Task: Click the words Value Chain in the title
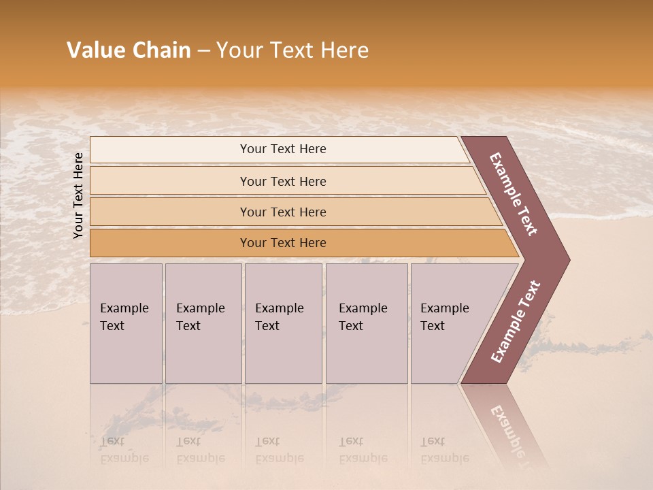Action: pyautogui.click(x=129, y=50)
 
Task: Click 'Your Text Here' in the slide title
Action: pyautogui.click(x=292, y=50)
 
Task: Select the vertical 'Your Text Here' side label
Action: pyautogui.click(x=78, y=195)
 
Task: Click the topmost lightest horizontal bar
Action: pyautogui.click(x=283, y=149)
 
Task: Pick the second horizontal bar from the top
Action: pyautogui.click(x=283, y=181)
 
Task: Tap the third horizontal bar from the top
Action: pyautogui.click(x=283, y=212)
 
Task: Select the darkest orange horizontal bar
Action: pyautogui.click(x=283, y=243)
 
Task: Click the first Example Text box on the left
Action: pyautogui.click(x=126, y=323)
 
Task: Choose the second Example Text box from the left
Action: pyautogui.click(x=203, y=323)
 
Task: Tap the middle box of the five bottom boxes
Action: pyautogui.click(x=283, y=323)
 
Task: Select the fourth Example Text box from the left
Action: pyautogui.click(x=366, y=323)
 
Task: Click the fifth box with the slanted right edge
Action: pyautogui.click(x=452, y=323)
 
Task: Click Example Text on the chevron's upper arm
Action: pyautogui.click(x=514, y=194)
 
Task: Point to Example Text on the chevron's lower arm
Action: pyautogui.click(x=515, y=322)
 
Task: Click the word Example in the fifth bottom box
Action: pyautogui.click(x=444, y=308)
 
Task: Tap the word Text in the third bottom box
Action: pyautogui.click(x=267, y=326)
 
